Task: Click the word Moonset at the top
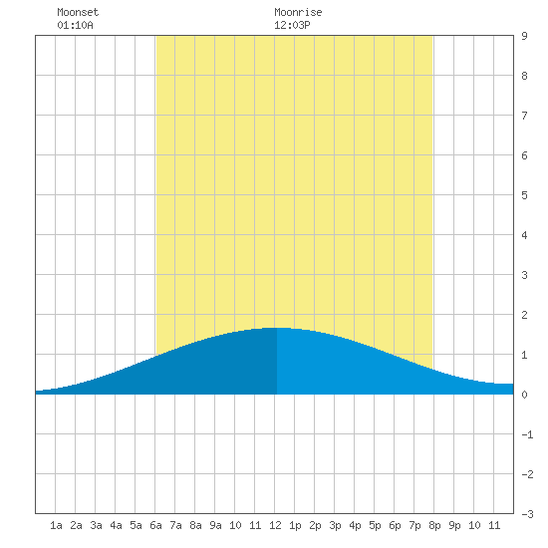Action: pos(78,12)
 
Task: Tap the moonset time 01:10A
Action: pos(75,25)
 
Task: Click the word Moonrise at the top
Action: pos(298,12)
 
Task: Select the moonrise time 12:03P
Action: pos(292,25)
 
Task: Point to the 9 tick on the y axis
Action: pos(524,36)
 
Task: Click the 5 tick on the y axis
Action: pos(524,195)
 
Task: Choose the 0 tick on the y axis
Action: pos(524,395)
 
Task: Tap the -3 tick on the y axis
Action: pos(527,514)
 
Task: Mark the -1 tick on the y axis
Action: pos(527,434)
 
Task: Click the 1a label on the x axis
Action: pos(56,525)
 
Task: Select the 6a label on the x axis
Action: pos(155,525)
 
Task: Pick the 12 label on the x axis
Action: pos(275,525)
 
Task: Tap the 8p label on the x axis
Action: pos(434,525)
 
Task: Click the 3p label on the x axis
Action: pos(335,525)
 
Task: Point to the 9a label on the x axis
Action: pos(215,525)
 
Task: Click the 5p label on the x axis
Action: pos(375,525)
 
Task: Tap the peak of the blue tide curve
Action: pos(276,328)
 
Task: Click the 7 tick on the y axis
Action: pos(524,116)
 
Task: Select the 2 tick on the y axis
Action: pos(524,315)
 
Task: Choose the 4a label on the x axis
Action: pos(116,525)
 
